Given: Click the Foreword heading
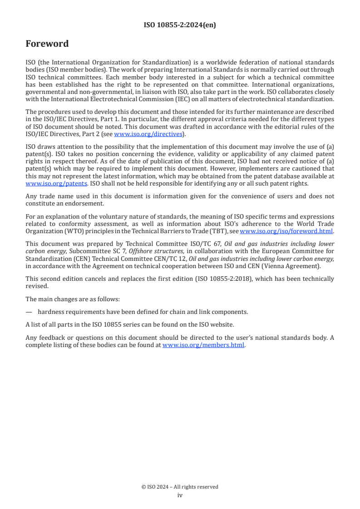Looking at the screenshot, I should (x=47, y=44).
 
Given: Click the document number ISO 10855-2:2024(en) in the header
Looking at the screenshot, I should (x=180, y=25).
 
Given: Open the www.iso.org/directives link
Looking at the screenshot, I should (x=148, y=134).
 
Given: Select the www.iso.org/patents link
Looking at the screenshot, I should (x=44, y=184).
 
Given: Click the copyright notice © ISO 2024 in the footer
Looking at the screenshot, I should (x=180, y=487).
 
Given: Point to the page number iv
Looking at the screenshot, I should (x=180, y=495).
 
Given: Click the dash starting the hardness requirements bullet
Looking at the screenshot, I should (x=29, y=312).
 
